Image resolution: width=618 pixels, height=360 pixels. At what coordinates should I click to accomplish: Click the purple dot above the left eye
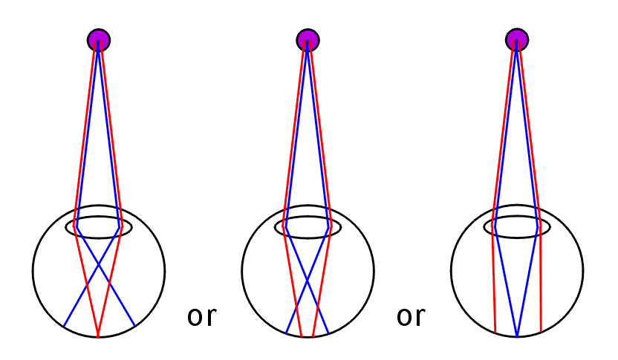[x=99, y=40]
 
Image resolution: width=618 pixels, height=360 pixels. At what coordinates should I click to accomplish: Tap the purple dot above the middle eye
[x=308, y=40]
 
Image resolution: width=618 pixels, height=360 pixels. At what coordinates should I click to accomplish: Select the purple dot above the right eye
[x=517, y=40]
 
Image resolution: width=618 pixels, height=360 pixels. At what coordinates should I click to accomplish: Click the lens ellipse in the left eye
[x=99, y=227]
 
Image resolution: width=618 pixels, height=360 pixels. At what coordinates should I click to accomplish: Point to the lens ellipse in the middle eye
[x=308, y=227]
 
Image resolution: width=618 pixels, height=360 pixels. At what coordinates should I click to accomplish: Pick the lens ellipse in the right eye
[x=517, y=227]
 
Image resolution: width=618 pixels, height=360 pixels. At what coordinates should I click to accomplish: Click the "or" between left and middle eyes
[x=202, y=316]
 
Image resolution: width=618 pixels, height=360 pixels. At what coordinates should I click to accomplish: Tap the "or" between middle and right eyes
[x=411, y=316]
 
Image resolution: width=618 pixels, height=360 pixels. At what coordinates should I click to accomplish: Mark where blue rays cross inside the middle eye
[x=308, y=280]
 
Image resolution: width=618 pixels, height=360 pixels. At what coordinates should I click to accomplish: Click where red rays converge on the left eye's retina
[x=98, y=336]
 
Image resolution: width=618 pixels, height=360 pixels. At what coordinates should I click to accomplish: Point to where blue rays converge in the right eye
[x=517, y=336]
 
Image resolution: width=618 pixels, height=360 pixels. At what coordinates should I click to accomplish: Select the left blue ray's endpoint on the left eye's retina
[x=64, y=326]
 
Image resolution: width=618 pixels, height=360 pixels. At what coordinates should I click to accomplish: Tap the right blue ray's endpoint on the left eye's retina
[x=134, y=326]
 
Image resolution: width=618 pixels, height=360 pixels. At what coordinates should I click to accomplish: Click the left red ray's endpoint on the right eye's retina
[x=495, y=332]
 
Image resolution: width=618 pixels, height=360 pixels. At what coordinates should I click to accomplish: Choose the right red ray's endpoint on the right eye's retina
[x=541, y=331]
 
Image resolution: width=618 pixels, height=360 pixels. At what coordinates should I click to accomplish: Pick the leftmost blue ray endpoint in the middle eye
[x=286, y=333]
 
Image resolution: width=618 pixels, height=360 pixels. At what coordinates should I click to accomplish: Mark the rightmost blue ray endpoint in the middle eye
[x=328, y=333]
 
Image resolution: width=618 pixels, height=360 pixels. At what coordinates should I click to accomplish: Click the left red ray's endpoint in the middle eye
[x=302, y=336]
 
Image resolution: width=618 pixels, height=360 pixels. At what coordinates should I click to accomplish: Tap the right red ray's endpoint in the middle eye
[x=313, y=336]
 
